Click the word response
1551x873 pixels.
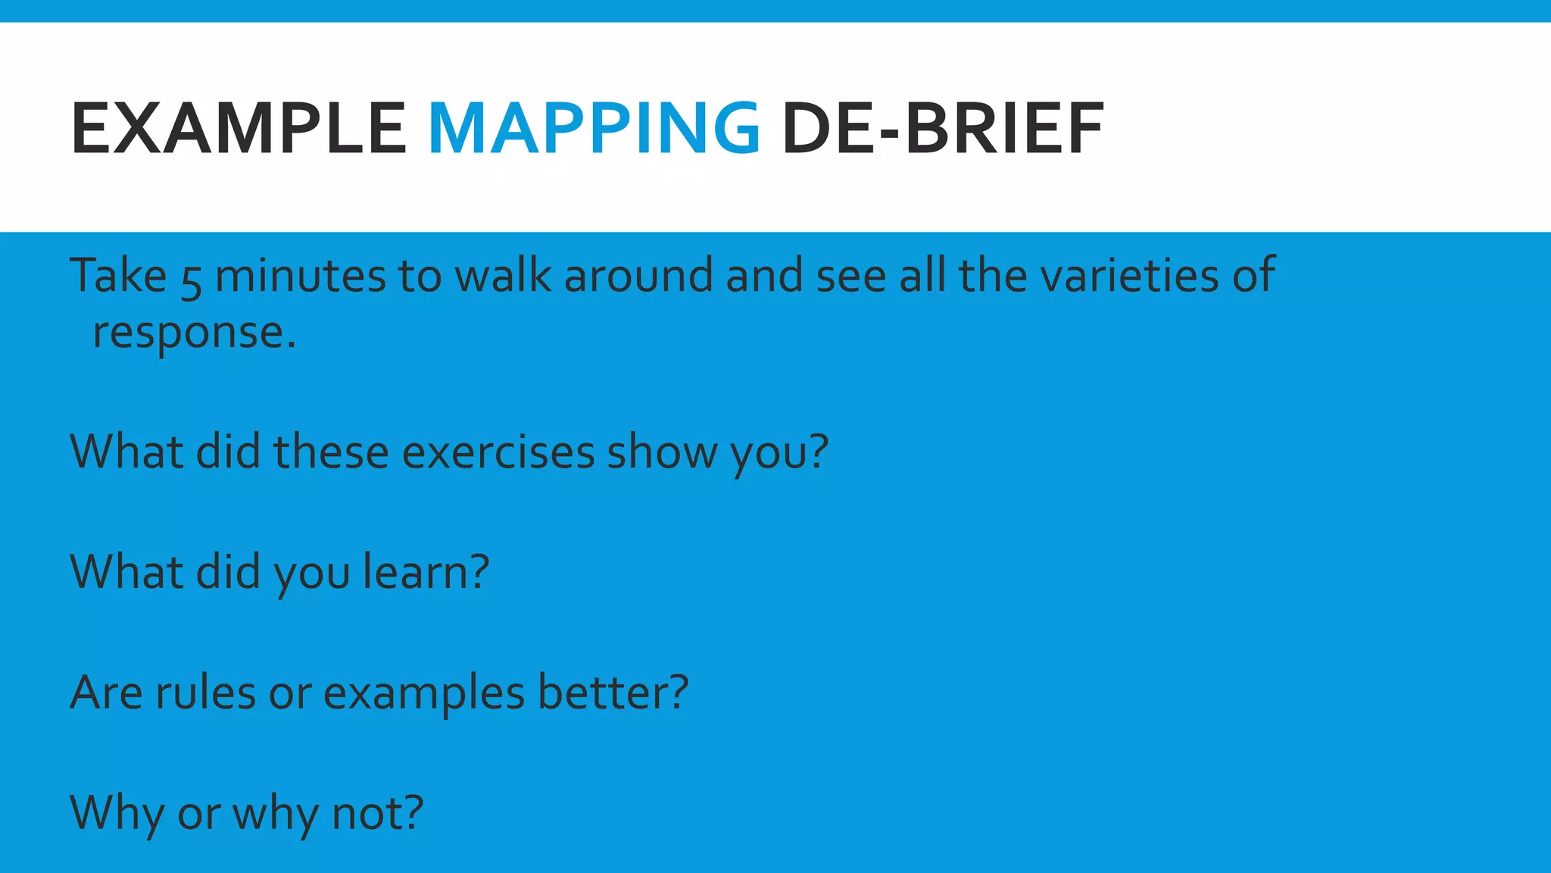pyautogui.click(x=193, y=333)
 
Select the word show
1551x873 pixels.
pyautogui.click(x=661, y=452)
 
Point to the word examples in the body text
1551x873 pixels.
pyautogui.click(x=423, y=693)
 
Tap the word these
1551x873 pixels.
pyautogui.click(x=331, y=452)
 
